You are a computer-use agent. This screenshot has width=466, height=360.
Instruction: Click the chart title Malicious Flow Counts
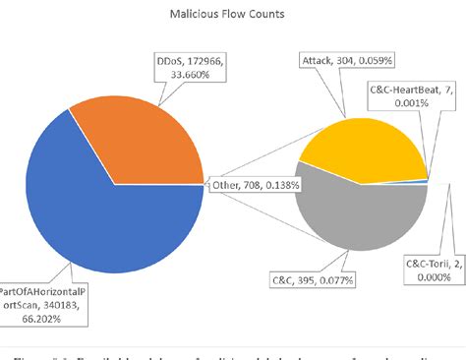232,17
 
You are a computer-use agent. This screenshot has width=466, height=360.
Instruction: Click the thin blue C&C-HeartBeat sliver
425,181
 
